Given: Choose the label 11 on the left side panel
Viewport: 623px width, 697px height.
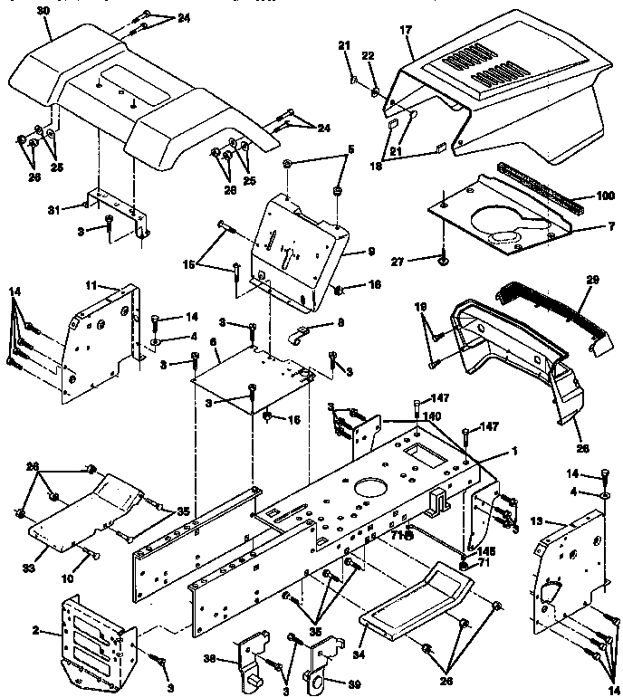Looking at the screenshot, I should (91, 285).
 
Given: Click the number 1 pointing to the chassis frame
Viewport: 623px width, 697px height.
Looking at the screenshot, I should (514, 449).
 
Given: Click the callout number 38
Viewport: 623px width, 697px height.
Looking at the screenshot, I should (234, 660).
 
